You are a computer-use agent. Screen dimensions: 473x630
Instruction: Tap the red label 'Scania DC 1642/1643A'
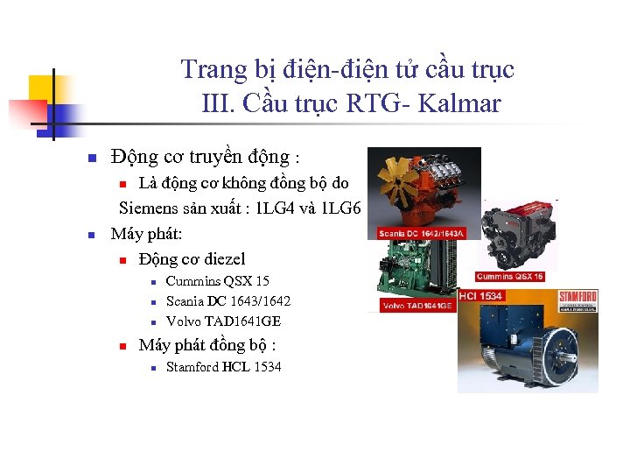pyautogui.click(x=421, y=234)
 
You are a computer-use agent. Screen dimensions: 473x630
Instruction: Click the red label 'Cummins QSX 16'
pyautogui.click(x=521, y=276)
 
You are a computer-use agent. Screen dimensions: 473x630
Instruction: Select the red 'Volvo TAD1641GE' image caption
pyautogui.click(x=417, y=306)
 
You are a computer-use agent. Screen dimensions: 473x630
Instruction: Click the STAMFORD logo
pyautogui.click(x=577, y=298)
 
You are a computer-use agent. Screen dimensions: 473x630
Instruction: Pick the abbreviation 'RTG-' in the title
pyautogui.click(x=379, y=104)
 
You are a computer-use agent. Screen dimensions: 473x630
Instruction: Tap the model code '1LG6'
pyautogui.click(x=342, y=208)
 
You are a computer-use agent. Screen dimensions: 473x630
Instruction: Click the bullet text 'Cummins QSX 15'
pyautogui.click(x=217, y=281)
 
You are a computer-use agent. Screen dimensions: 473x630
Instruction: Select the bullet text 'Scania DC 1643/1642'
pyautogui.click(x=227, y=301)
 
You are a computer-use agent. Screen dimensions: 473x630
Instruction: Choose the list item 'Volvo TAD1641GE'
pyautogui.click(x=223, y=321)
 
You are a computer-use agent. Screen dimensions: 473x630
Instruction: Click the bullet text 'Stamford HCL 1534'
pyautogui.click(x=223, y=367)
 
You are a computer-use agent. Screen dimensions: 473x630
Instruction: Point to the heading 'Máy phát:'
pyautogui.click(x=146, y=234)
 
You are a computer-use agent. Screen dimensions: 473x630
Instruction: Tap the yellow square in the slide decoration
pyautogui.click(x=42, y=88)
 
